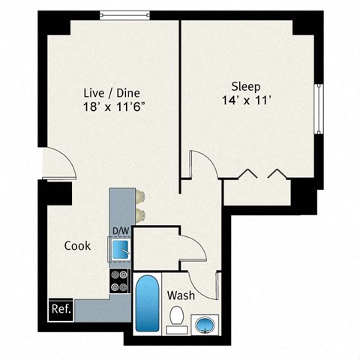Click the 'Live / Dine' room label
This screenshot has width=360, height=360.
pos(109,93)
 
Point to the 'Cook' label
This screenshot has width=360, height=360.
pos(78,245)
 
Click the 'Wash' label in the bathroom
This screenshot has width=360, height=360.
pos(181,295)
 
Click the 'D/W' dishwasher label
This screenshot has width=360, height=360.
pos(120,230)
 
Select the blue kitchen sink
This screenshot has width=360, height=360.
pos(120,247)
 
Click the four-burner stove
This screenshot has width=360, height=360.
pos(120,280)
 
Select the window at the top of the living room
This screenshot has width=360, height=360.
pos(124,13)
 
